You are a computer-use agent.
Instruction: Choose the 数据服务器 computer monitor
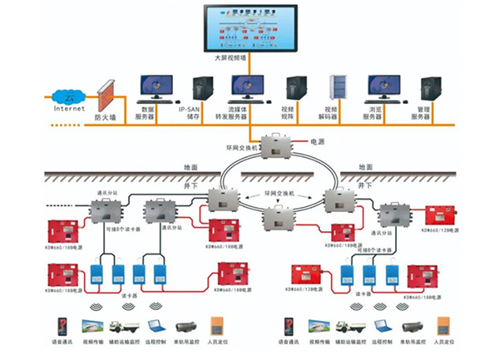[x=155, y=86]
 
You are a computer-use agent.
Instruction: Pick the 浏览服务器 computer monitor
[x=383, y=86]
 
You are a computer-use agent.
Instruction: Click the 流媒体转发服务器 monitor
[x=247, y=86]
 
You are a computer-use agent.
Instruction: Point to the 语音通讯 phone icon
[x=62, y=326]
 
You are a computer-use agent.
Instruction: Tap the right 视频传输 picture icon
[x=318, y=326]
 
